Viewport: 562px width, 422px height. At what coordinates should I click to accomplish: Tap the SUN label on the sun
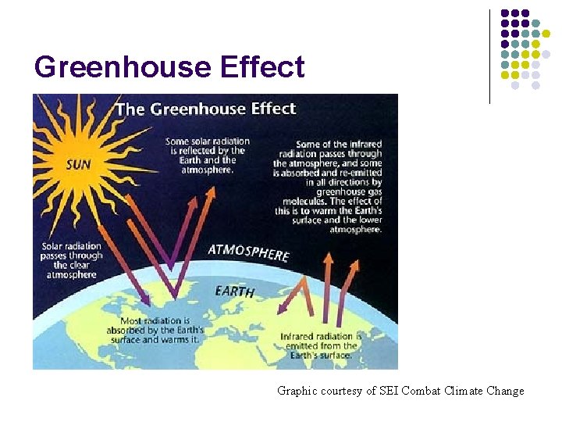pyautogui.click(x=78, y=165)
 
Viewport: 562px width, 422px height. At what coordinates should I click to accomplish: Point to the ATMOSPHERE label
pyautogui.click(x=248, y=252)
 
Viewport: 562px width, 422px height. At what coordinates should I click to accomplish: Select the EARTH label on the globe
pyautogui.click(x=234, y=291)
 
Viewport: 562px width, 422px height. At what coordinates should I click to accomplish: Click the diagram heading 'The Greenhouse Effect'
pyautogui.click(x=205, y=108)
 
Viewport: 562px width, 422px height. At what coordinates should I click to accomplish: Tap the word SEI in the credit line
pyautogui.click(x=388, y=391)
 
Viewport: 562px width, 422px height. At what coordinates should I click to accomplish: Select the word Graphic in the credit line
pyautogui.click(x=297, y=391)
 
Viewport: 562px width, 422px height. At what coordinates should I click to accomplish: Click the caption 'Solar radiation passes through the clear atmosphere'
pyautogui.click(x=72, y=261)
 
